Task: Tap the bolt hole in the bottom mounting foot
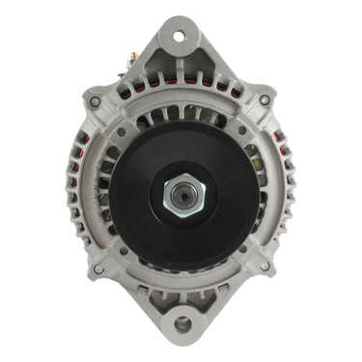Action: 181,324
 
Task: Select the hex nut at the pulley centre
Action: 182,195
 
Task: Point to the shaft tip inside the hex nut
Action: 182,195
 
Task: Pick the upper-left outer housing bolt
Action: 95,100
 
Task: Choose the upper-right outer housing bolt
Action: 265,99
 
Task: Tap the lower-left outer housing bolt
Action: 98,269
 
